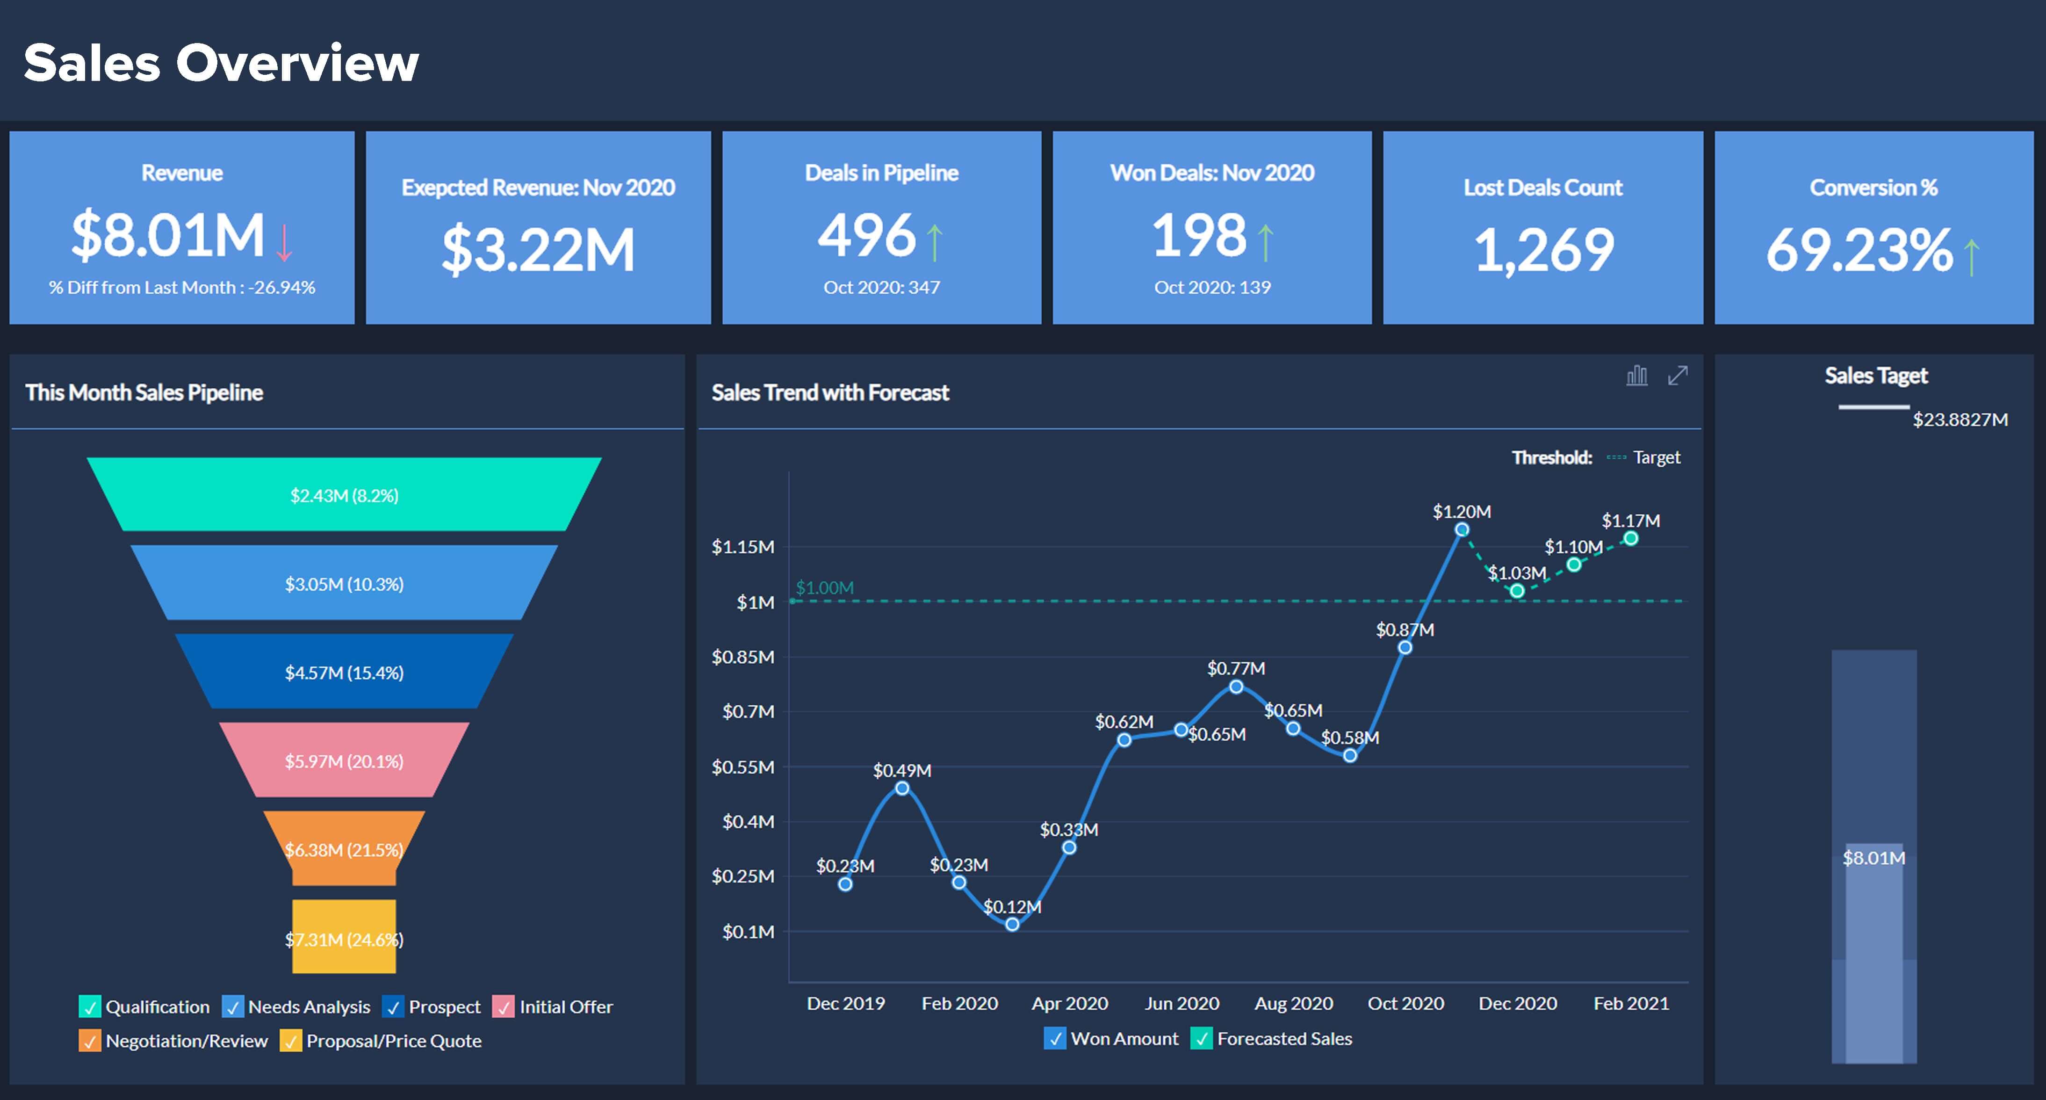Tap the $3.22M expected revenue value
539,249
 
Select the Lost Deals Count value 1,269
1544,249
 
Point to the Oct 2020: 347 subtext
882,288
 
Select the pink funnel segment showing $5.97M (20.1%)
344,761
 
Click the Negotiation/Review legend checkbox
90,1041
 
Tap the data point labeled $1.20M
1462,530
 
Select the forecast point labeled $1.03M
1517,591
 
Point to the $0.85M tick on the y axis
742,657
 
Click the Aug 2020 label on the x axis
1293,1004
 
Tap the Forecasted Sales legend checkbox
1201,1039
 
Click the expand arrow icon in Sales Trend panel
1678,376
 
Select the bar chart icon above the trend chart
1637,376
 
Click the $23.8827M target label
1960,420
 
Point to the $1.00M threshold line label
824,588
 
